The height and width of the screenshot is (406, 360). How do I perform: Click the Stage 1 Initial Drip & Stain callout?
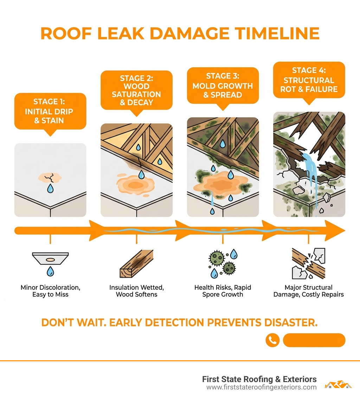(50, 111)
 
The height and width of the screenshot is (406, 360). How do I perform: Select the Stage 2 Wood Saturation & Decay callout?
(136, 90)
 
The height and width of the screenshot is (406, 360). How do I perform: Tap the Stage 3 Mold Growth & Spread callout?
(223, 86)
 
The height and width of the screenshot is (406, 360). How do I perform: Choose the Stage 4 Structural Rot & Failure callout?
(309, 80)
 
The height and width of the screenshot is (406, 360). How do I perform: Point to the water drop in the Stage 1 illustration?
(50, 189)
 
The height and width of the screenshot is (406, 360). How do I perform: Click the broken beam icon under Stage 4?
(309, 264)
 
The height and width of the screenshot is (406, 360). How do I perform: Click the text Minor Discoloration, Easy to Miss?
(50, 291)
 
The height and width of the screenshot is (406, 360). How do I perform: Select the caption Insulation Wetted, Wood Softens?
(136, 291)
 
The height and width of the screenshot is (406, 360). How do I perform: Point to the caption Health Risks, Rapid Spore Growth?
(223, 291)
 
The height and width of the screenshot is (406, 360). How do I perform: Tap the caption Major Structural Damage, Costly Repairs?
(309, 291)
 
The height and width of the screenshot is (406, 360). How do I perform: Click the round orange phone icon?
(272, 340)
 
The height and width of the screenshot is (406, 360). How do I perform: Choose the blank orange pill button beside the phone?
(314, 340)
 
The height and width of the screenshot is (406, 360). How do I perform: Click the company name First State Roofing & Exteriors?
(259, 379)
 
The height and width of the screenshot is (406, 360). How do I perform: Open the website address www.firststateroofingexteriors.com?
(261, 387)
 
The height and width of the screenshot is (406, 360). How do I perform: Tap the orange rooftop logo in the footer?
(338, 384)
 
